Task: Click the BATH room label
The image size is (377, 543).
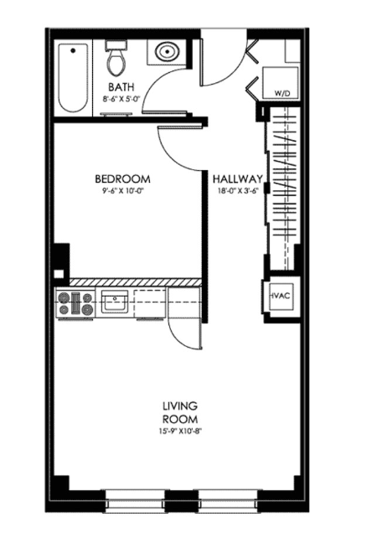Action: pos(121,86)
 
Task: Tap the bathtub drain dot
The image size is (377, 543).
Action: pos(73,50)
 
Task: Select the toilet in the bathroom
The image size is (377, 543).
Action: pos(116,59)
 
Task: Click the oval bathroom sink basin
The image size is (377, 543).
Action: pos(168,52)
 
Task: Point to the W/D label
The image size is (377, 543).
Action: pos(281,93)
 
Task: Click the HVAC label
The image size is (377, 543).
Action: pos(281,296)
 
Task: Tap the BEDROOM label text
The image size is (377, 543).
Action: pos(123,179)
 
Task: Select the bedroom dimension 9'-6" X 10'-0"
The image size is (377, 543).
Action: pos(123,191)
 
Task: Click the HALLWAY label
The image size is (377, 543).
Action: pos(237,179)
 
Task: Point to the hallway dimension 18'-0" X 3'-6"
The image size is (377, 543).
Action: pos(238,191)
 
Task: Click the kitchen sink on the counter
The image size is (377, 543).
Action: pos(115,302)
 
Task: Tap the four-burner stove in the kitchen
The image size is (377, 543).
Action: pos(75,303)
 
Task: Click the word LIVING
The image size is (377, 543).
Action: pos(180,406)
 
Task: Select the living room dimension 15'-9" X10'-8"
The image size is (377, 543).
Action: pos(180,432)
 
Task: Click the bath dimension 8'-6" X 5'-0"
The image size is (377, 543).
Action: pos(121,99)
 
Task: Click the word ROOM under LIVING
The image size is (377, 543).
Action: pos(180,419)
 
